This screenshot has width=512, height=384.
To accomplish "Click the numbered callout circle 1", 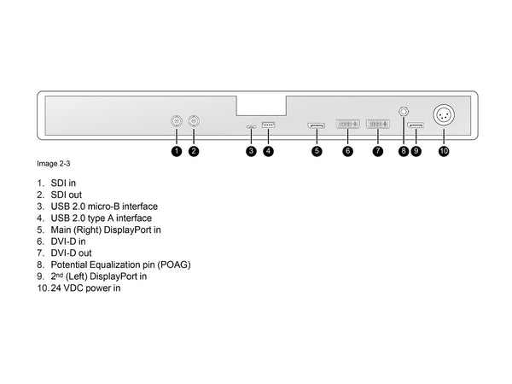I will (176, 151).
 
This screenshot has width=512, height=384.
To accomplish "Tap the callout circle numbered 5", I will (317, 151).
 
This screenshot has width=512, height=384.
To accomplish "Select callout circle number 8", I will (404, 151).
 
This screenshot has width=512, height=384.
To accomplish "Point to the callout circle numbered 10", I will (444, 151).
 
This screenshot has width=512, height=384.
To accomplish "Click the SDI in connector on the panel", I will (177, 122).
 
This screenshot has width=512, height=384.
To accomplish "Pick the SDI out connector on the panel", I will (195, 122).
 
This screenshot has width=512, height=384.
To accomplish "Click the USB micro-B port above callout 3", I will (250, 127).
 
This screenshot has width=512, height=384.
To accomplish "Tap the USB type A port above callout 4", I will (268, 125).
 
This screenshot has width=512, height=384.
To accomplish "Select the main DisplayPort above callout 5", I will (316, 126).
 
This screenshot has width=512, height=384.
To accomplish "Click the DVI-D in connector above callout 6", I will (348, 125).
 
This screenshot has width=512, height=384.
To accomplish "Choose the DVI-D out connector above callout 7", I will (378, 125).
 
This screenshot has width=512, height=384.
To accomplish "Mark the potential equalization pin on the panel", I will (404, 111).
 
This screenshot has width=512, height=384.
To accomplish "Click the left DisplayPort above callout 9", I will (416, 127).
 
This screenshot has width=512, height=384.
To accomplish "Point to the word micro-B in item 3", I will (113, 207).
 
